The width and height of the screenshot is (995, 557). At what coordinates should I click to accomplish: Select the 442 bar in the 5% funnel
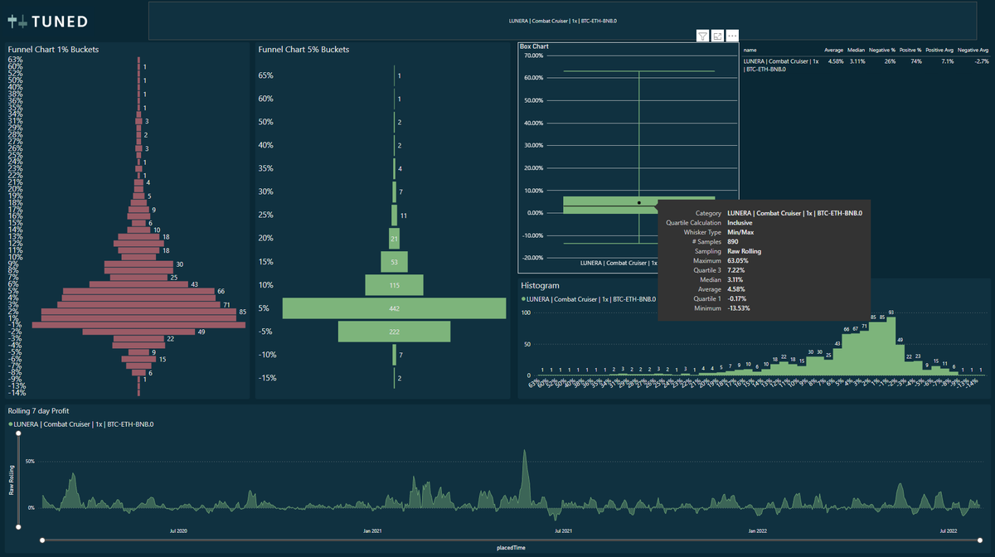(x=394, y=308)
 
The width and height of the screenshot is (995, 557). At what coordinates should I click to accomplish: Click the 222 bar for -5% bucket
(x=394, y=332)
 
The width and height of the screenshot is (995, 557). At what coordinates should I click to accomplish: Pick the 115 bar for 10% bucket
(x=394, y=285)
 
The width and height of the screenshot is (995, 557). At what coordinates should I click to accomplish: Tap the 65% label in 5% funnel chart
(x=266, y=76)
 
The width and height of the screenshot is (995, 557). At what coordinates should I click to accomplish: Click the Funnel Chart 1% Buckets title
(x=53, y=50)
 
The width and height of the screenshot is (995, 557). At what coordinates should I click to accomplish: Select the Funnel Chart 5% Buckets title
(x=303, y=50)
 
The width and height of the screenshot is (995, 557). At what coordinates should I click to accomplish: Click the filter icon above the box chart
(x=702, y=36)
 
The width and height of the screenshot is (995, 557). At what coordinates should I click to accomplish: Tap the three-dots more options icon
(x=732, y=36)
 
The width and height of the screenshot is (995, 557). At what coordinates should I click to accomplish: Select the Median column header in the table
(x=856, y=51)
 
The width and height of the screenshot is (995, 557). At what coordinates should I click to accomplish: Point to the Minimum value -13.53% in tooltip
(x=743, y=308)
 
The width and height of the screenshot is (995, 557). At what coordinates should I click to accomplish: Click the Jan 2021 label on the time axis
(x=372, y=530)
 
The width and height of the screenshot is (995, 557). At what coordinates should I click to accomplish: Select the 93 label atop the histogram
(x=891, y=313)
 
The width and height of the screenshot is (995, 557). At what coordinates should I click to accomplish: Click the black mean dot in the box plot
(x=638, y=202)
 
